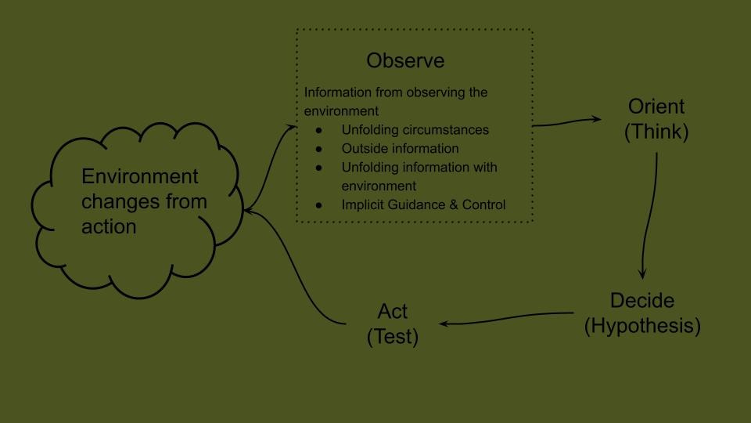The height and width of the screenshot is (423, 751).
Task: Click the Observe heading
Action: [x=405, y=61]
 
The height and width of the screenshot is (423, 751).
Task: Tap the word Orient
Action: [x=656, y=107]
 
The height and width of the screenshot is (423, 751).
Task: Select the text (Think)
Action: [x=656, y=132]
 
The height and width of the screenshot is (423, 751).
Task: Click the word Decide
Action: [x=642, y=302]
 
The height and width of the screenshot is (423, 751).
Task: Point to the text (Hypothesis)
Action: [x=642, y=326]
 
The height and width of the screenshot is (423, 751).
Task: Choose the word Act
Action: [x=393, y=311]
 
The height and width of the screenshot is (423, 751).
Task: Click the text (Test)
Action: [x=393, y=337]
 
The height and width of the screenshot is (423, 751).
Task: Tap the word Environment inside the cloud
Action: [x=140, y=176]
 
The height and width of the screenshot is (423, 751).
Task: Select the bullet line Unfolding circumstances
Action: [x=415, y=130]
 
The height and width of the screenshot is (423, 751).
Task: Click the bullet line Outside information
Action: [x=400, y=148]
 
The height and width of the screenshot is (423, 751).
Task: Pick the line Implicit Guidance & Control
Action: [x=423, y=204]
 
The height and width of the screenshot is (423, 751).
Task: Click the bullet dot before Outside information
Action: [x=318, y=149]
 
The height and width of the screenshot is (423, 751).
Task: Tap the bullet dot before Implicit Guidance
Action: [x=318, y=205]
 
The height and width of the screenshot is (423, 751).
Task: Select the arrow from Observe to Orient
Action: [x=567, y=122]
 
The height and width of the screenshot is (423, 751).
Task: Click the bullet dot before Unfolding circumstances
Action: [x=318, y=130]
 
